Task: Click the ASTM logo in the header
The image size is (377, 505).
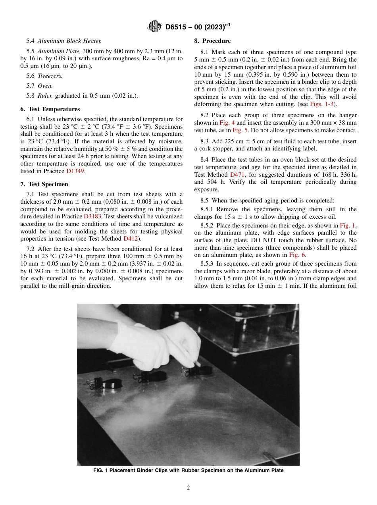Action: (x=154, y=27)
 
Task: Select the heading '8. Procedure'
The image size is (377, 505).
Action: (x=212, y=41)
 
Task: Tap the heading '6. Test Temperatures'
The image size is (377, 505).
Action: (x=50, y=109)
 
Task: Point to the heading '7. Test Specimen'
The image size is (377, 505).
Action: (x=44, y=184)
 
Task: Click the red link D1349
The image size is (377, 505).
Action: (x=75, y=171)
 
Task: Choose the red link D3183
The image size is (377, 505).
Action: (x=93, y=216)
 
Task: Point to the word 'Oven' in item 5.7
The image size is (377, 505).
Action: (x=44, y=85)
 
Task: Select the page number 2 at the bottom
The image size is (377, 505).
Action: (x=188, y=488)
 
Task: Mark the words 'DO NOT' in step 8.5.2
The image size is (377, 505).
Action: (x=301, y=240)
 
